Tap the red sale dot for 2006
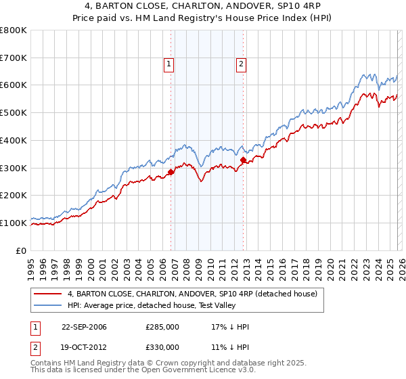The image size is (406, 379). (x=171, y=172)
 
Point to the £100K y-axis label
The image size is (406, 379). (x=15, y=223)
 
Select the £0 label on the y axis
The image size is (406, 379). (x=22, y=250)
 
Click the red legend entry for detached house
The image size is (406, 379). (x=197, y=294)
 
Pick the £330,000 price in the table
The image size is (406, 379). (x=162, y=347)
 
